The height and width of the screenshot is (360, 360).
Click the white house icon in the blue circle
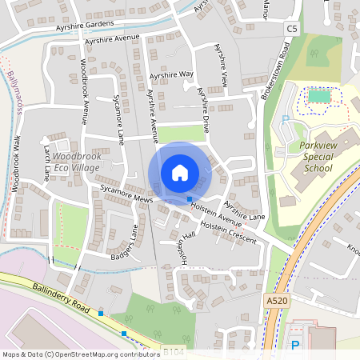(180, 173)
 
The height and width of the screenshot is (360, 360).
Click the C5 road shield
(291, 29)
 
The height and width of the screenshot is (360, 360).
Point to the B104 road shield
(173, 350)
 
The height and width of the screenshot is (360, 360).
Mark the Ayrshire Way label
(171, 74)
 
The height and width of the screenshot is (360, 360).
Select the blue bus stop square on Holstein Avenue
(190, 198)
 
